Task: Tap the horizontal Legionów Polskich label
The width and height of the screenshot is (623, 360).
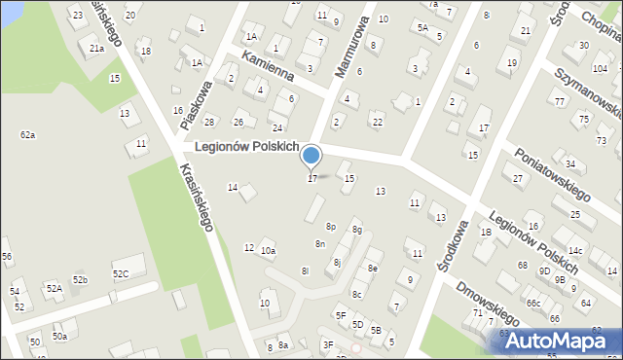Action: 246,147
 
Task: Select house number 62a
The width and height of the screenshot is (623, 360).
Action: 27,134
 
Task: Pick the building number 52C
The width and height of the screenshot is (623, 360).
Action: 121,273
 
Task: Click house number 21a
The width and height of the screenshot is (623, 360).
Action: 96,48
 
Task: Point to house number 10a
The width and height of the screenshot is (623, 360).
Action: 268,251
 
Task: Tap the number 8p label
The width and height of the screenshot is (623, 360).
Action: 331,226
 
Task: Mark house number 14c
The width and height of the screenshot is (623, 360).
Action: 575,251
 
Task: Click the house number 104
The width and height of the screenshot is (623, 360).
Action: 600,69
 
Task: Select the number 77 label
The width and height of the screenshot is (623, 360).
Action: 559,101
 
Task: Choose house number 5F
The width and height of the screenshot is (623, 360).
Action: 341,315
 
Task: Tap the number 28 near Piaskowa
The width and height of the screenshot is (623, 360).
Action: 209,122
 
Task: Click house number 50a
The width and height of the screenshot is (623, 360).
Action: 60,336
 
